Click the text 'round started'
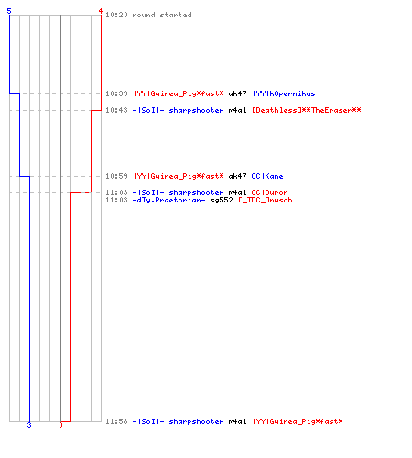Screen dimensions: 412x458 (x=162, y=15)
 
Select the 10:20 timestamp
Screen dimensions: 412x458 (x=116, y=15)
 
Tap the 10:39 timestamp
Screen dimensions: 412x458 (x=116, y=93)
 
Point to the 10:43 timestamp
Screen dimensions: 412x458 (x=116, y=110)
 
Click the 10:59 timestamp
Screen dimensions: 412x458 (x=116, y=176)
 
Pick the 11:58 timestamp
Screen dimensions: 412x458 (x=116, y=421)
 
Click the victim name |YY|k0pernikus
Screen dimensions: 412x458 (x=284, y=93)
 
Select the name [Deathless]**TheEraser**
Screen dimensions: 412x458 (x=307, y=110)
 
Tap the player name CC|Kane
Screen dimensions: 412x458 (x=267, y=176)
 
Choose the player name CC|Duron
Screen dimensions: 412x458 (x=269, y=192)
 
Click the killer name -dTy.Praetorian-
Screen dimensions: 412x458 (x=168, y=200)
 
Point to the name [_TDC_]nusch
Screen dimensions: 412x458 (x=266, y=200)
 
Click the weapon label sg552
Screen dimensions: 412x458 (x=222, y=200)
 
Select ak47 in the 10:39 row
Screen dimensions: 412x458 (x=237, y=93)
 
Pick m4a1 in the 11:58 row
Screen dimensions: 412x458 (x=237, y=421)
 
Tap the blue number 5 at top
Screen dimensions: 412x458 (x=9, y=11)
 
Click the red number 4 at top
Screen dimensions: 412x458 (x=100, y=11)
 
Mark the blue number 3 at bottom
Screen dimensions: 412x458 (x=29, y=425)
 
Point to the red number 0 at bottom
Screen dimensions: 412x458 (x=60, y=425)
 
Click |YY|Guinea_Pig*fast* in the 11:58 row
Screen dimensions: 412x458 (x=298, y=421)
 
